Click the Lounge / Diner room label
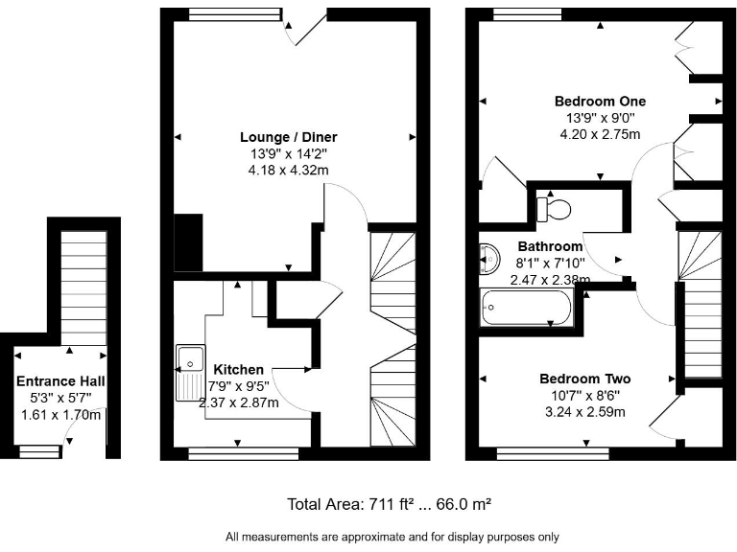point(288,137)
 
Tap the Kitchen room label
point(238,369)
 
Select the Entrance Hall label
point(60,381)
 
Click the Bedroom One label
point(600,101)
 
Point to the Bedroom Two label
point(584,378)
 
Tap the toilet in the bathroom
point(553,206)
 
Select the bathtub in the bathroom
point(525,310)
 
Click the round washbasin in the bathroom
point(487,257)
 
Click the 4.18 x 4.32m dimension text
point(288,170)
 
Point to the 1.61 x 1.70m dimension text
point(60,415)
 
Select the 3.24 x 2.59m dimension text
point(584,412)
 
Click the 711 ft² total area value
point(392,503)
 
